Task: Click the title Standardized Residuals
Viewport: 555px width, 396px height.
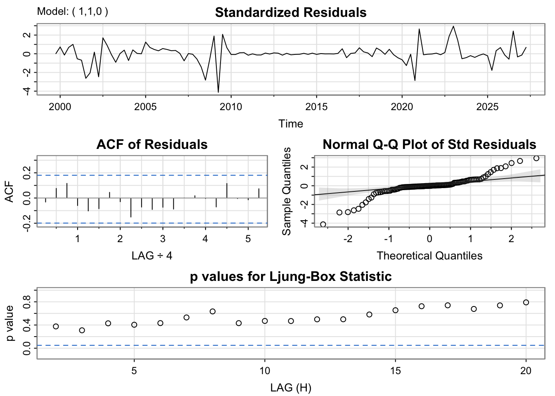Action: pos(291,12)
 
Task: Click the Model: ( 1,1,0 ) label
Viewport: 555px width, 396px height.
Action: pos(73,12)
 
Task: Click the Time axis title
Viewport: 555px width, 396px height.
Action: pos(291,124)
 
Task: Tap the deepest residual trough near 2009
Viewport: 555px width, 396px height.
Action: pos(218,92)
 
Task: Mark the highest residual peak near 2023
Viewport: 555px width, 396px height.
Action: pos(453,26)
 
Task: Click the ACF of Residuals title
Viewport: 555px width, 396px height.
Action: pos(152,144)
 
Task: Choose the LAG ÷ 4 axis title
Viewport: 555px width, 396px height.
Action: pos(152,256)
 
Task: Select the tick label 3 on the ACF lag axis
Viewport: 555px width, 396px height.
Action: pos(163,238)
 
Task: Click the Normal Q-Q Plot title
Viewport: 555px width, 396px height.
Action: pos(429,144)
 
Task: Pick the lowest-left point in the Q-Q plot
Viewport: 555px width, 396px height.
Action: pos(323,224)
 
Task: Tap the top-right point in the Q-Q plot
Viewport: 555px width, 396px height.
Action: pos(536,158)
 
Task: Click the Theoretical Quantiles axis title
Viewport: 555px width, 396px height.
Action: pos(429,256)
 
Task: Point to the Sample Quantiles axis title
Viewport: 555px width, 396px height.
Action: pos(287,191)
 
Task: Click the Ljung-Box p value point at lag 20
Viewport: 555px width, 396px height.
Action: pos(526,302)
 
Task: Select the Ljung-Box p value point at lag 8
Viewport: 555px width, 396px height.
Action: pos(213,311)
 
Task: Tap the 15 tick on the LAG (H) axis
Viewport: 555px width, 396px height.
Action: pos(395,370)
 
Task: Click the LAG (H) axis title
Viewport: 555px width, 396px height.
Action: pos(291,388)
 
